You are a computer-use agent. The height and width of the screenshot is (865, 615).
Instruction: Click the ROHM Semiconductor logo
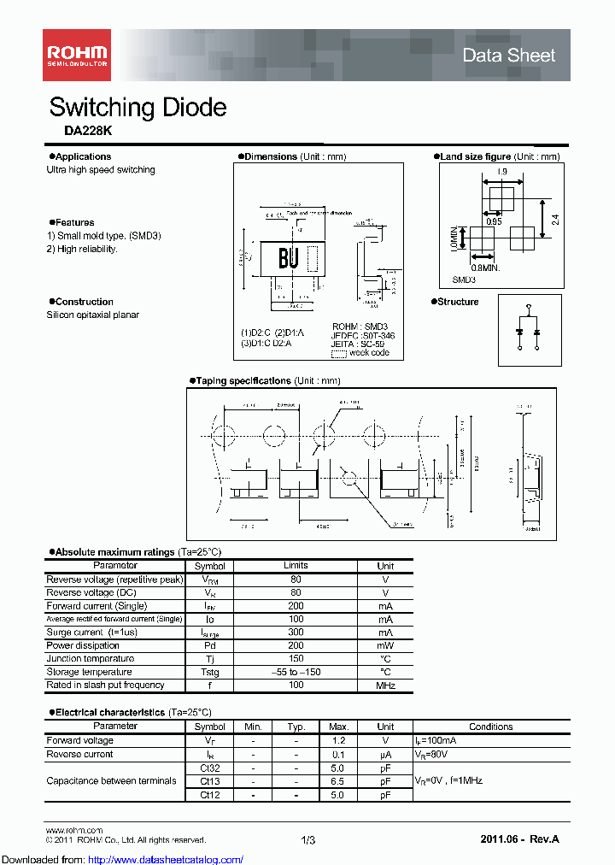(76, 54)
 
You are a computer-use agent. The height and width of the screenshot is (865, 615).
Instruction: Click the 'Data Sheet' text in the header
(508, 56)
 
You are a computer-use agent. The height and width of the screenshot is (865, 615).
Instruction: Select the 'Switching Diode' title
(138, 108)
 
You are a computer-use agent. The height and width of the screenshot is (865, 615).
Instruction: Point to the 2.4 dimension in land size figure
(555, 219)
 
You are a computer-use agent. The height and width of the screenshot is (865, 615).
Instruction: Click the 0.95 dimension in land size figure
(493, 221)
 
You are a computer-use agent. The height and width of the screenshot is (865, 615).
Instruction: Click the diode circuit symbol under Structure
(529, 330)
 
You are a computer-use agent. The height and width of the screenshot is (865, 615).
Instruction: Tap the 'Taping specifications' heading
(243, 380)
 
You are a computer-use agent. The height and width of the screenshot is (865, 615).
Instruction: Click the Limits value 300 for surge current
(296, 633)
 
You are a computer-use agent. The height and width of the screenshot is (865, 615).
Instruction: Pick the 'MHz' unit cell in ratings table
(385, 685)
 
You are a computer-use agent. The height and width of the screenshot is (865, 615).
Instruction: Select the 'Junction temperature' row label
(90, 659)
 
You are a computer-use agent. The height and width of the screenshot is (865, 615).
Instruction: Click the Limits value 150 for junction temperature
(296, 659)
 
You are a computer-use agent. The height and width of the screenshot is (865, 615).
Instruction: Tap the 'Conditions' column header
(490, 727)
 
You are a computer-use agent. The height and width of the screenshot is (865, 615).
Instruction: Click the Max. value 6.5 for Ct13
(337, 781)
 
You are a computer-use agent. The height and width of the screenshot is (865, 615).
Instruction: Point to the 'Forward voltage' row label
(79, 740)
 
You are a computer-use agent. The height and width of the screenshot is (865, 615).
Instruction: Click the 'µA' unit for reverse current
(385, 754)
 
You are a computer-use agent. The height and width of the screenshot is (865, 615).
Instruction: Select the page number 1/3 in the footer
(308, 840)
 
